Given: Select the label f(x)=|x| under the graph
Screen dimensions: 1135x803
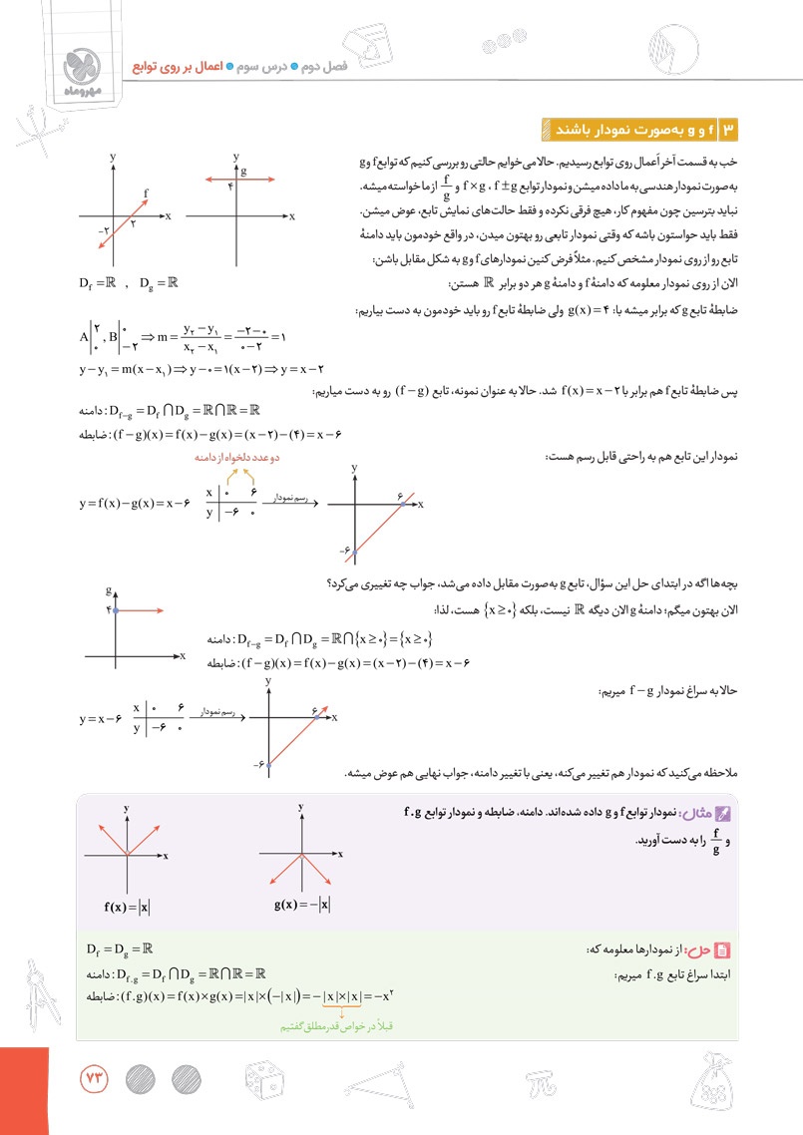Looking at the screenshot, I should point(127,907).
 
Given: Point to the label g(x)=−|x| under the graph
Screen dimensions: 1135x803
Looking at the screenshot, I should point(302,906).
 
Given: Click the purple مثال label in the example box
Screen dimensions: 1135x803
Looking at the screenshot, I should point(709,813).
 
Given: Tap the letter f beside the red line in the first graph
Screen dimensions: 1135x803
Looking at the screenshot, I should point(147,191).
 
